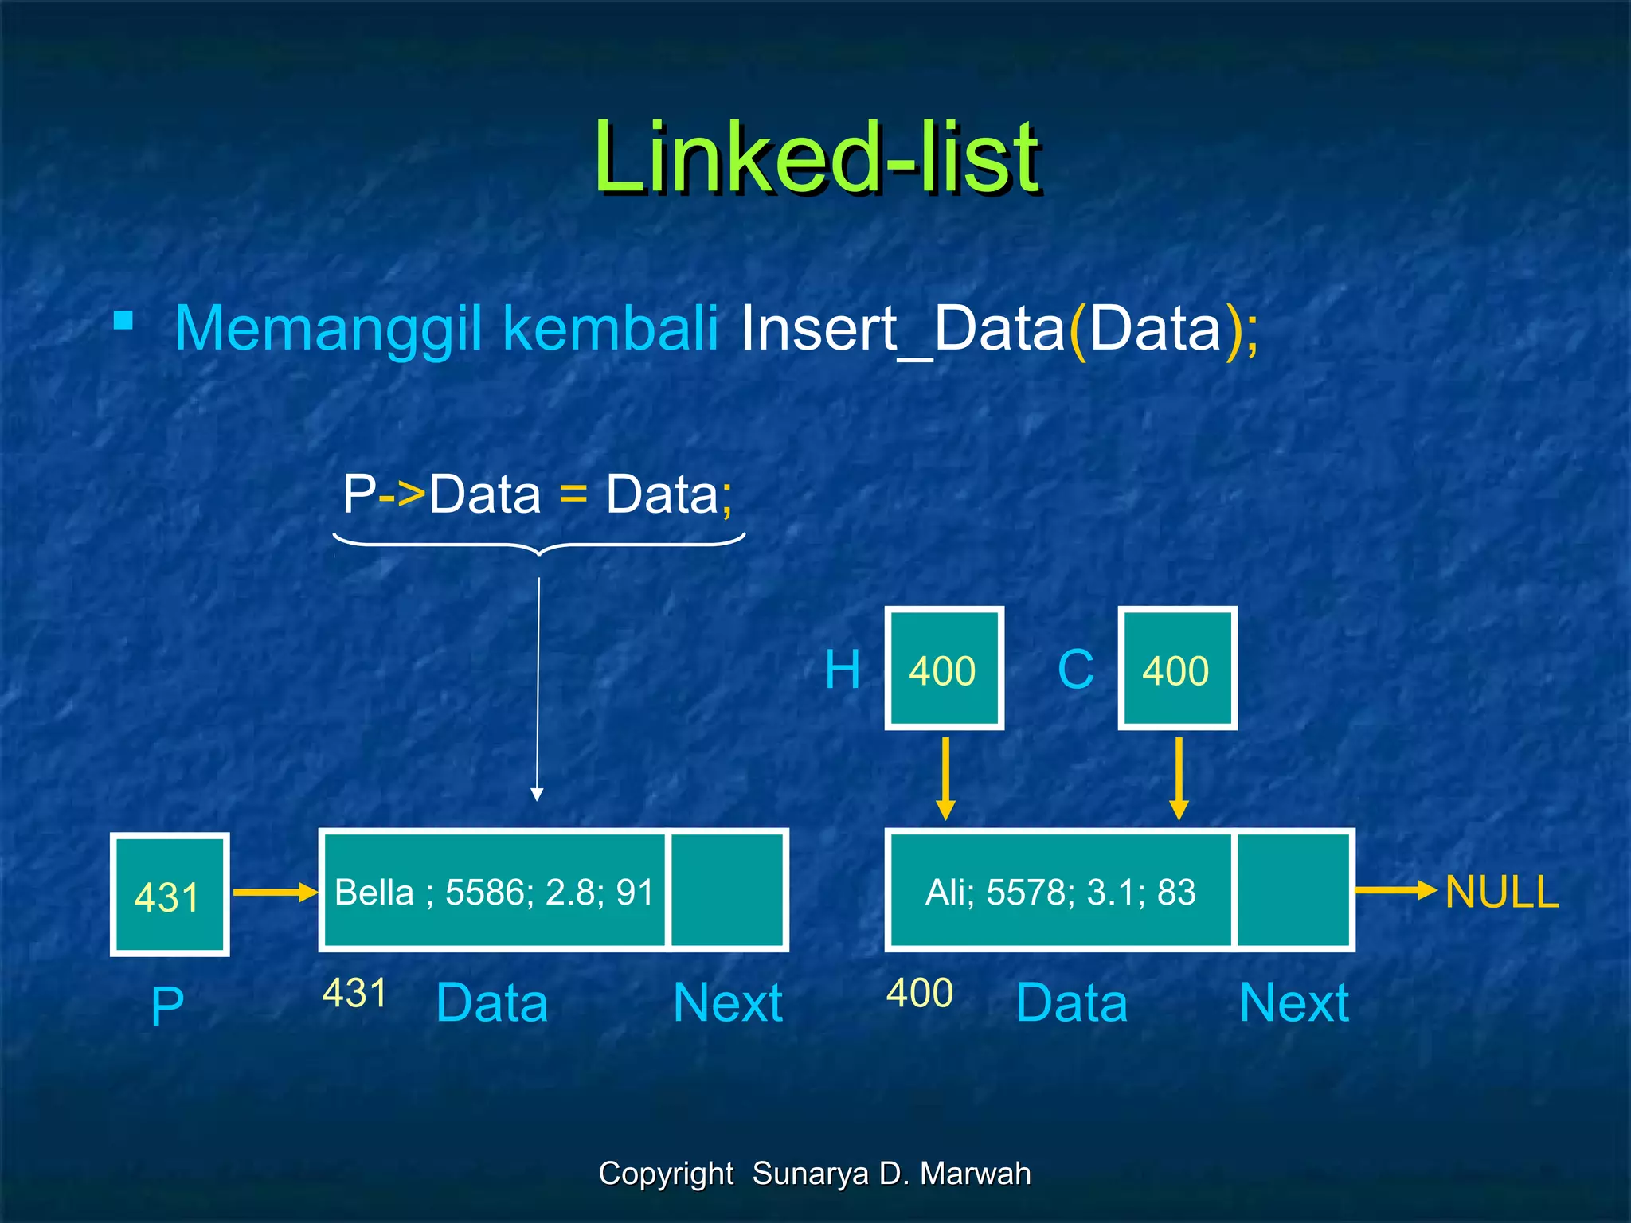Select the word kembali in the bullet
point(611,328)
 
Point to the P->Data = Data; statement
point(538,494)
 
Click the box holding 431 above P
point(170,894)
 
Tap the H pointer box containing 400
point(944,668)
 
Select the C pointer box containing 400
point(1177,668)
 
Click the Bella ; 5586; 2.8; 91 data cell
point(494,890)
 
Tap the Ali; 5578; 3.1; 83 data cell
point(1060,890)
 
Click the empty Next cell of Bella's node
point(727,890)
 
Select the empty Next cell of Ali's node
point(1293,890)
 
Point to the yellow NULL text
point(1501,892)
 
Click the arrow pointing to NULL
point(1395,890)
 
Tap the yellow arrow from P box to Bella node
point(274,893)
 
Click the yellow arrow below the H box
point(945,778)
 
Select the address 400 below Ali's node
point(920,993)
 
